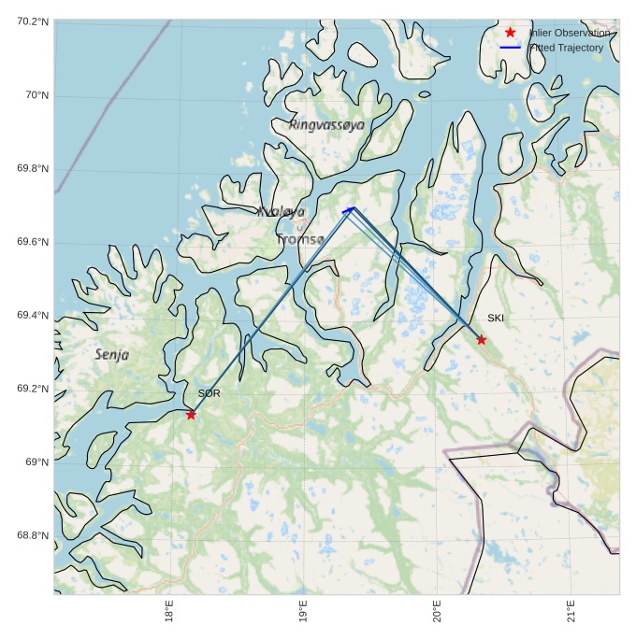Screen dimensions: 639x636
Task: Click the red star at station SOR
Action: click(x=191, y=414)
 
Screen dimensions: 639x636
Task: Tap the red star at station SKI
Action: click(x=481, y=339)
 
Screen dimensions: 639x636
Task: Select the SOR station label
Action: click(x=209, y=394)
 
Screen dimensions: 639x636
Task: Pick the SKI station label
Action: click(x=496, y=319)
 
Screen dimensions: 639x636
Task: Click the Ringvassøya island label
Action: click(x=326, y=124)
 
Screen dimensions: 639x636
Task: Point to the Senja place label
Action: click(x=111, y=355)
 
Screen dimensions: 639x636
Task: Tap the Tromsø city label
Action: click(x=299, y=240)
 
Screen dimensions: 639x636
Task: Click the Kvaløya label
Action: click(x=281, y=212)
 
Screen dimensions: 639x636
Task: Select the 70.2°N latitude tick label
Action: click(x=33, y=21)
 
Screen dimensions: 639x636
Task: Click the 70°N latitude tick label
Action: click(x=36, y=95)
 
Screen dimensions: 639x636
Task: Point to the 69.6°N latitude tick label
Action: click(x=33, y=243)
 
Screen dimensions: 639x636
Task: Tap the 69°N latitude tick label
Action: click(x=36, y=462)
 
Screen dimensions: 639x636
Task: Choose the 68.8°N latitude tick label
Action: click(x=33, y=535)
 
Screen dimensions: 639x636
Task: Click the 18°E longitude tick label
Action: click(x=169, y=612)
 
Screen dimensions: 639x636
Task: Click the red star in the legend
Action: click(x=511, y=33)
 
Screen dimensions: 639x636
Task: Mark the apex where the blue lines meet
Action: click(x=353, y=207)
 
